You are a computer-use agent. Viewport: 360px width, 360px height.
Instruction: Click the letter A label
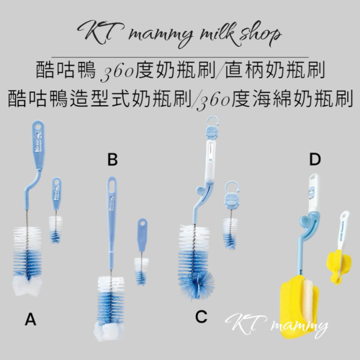tap(30, 320)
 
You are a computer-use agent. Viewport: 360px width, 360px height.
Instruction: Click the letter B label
tap(112, 160)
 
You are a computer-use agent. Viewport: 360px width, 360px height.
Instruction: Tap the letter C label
tap(201, 317)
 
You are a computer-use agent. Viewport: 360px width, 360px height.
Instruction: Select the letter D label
tap(315, 160)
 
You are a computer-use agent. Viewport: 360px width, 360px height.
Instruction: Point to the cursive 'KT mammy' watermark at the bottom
tap(276, 325)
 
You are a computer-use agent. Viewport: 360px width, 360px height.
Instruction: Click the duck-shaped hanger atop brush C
tap(212, 128)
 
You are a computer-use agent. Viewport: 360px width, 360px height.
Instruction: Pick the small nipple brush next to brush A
tap(56, 210)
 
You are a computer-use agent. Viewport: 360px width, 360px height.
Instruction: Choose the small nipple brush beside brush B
tap(142, 252)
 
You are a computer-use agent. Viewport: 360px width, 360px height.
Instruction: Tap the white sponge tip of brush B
tap(109, 331)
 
